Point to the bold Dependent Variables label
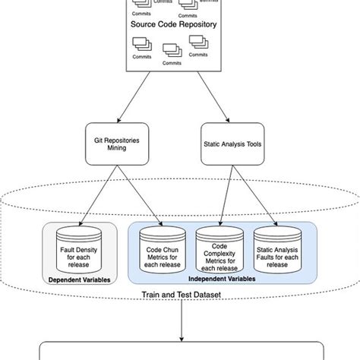(x=80, y=279)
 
